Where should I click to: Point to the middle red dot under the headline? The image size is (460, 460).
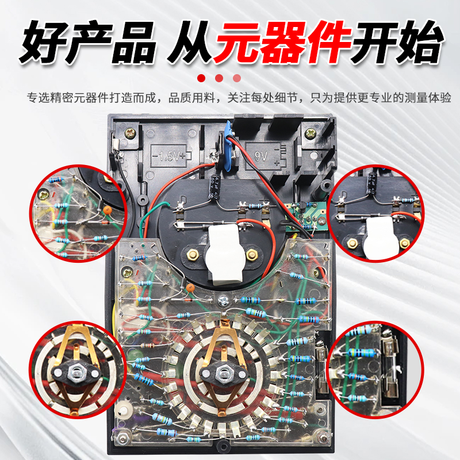[x=219, y=78]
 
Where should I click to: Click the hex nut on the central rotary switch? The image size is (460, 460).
[x=221, y=374]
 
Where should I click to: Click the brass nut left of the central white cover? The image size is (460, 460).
[x=191, y=253]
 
